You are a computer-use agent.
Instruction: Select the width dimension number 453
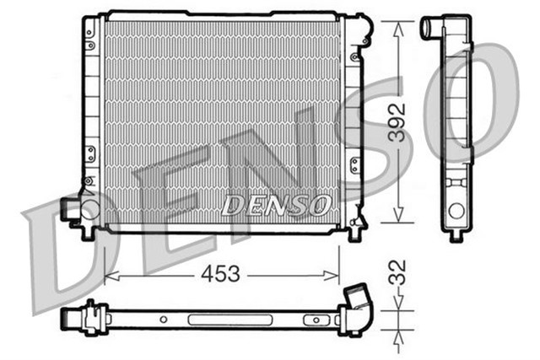coord(221,274)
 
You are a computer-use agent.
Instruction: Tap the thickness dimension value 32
coord(401,272)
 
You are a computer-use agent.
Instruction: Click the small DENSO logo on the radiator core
coord(274,203)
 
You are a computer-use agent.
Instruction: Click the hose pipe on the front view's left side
coord(70,207)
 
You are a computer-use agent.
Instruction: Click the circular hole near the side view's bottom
coord(456,212)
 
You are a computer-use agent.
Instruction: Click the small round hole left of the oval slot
coord(164,320)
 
